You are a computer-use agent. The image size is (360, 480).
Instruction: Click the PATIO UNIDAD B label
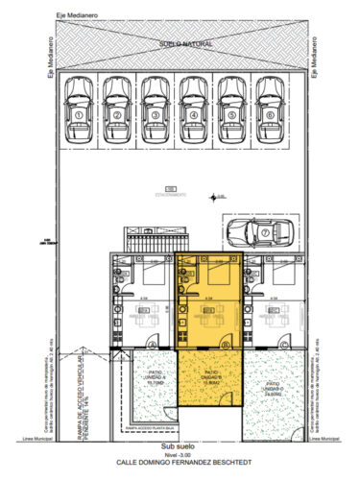(213, 377)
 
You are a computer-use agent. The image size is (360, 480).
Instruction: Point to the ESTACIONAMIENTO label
(169, 193)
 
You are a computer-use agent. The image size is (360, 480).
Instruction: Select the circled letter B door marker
(226, 344)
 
